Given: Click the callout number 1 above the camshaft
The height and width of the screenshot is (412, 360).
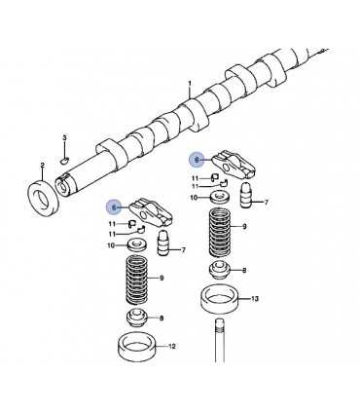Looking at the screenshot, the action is pos(190,84).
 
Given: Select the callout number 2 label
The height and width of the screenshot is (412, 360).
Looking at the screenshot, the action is pos(42,166).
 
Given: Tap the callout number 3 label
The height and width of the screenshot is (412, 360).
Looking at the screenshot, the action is pos(64,138).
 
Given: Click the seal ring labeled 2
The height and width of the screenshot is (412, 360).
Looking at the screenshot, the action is pos(44,198).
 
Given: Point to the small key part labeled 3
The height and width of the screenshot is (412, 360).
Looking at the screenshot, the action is pos(64,159).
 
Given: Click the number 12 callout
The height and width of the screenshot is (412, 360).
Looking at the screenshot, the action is pos(172,347).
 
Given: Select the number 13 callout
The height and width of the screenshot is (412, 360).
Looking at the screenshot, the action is pos(255,298).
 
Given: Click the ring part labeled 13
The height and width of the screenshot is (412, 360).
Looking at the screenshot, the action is pos(220,299).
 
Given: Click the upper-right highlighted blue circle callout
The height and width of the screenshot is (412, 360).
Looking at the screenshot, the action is pos(197,160).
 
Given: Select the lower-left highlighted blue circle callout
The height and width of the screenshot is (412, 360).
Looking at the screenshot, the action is pos(114,206).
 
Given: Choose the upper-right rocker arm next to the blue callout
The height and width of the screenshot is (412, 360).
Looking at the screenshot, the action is pos(234,167).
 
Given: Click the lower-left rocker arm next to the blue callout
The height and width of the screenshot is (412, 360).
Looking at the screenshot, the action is pos(151,213).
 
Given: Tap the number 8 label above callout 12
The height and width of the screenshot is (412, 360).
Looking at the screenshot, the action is pos(162,318).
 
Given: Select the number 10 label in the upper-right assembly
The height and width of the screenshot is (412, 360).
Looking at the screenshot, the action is pos(194,198).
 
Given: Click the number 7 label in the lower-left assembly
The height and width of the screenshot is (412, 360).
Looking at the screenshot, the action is pos(183,250).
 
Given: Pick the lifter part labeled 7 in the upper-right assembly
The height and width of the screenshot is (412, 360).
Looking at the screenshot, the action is pos(246,196).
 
